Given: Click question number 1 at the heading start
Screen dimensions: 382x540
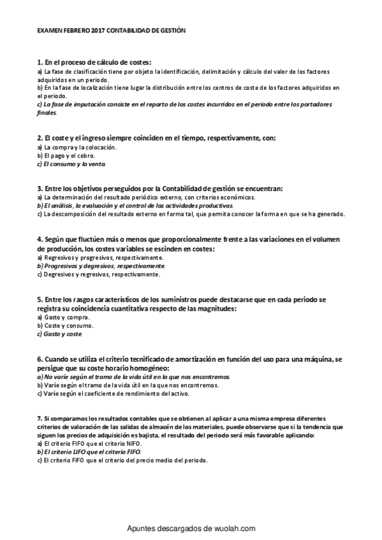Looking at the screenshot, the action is point(40,62).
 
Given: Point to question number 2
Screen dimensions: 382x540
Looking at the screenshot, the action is point(40,138).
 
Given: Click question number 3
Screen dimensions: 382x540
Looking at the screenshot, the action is point(40,189).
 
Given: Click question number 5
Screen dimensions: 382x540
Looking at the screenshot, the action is point(40,300).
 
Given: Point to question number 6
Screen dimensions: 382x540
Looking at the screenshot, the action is point(40,360).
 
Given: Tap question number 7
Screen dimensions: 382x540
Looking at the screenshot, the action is point(40,418).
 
